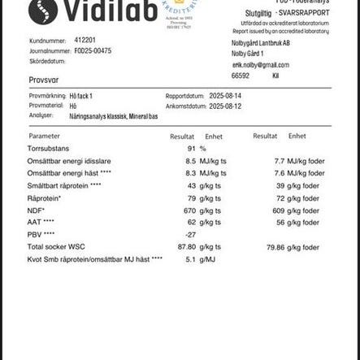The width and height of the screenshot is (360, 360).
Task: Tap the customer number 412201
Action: [x=85, y=39]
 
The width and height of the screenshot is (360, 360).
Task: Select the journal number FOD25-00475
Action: [x=93, y=50]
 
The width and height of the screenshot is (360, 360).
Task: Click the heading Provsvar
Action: [x=44, y=80]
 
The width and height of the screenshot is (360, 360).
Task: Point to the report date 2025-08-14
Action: [x=225, y=95]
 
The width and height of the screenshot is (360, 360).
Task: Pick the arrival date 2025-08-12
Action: [x=225, y=106]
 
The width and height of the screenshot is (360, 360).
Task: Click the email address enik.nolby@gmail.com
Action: [x=260, y=65]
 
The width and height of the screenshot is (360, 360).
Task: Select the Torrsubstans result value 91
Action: [x=192, y=149]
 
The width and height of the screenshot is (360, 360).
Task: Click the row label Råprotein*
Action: [x=44, y=198]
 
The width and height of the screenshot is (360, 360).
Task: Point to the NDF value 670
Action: [x=190, y=210]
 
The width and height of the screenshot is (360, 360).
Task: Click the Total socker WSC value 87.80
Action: [x=187, y=247]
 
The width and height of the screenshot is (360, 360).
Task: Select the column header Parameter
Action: [x=44, y=137]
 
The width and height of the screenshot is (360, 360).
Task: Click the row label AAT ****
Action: [x=41, y=223]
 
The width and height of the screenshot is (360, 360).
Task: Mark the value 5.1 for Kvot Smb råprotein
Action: [x=191, y=259]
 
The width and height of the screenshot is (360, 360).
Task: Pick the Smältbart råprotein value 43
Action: [x=192, y=186]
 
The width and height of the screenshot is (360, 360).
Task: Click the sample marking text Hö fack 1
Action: [x=81, y=95]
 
